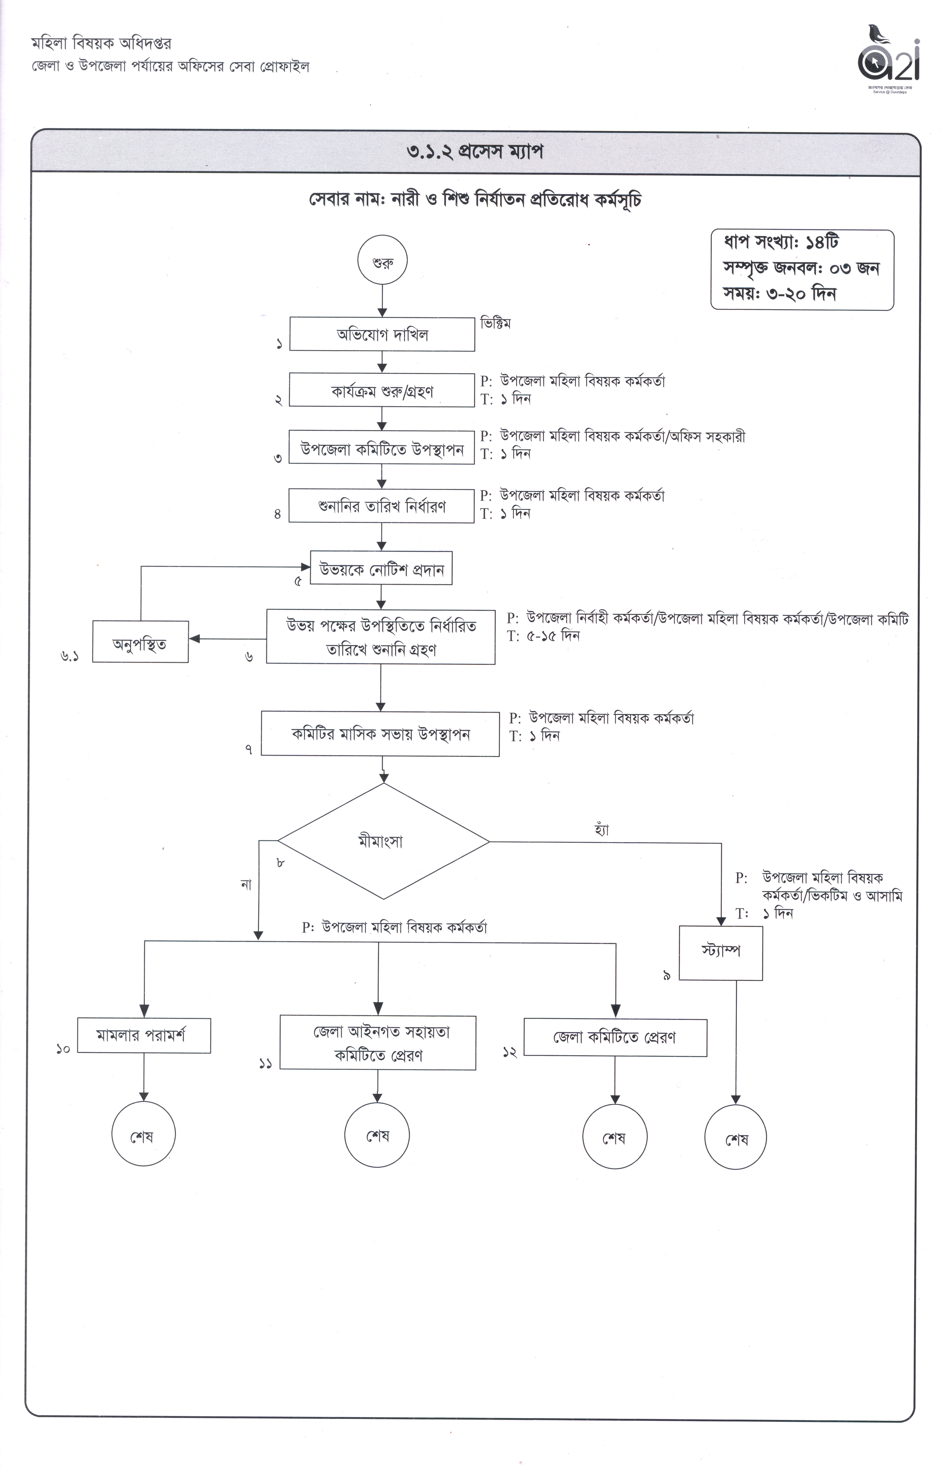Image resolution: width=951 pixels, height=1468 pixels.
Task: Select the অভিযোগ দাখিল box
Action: tap(382, 334)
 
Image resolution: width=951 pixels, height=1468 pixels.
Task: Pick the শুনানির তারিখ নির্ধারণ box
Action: tap(382, 506)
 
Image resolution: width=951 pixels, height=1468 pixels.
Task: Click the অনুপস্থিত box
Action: tap(140, 641)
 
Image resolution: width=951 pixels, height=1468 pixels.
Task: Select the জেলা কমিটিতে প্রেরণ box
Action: tap(615, 1038)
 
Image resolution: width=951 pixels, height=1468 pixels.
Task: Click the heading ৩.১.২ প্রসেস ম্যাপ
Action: tap(475, 152)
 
